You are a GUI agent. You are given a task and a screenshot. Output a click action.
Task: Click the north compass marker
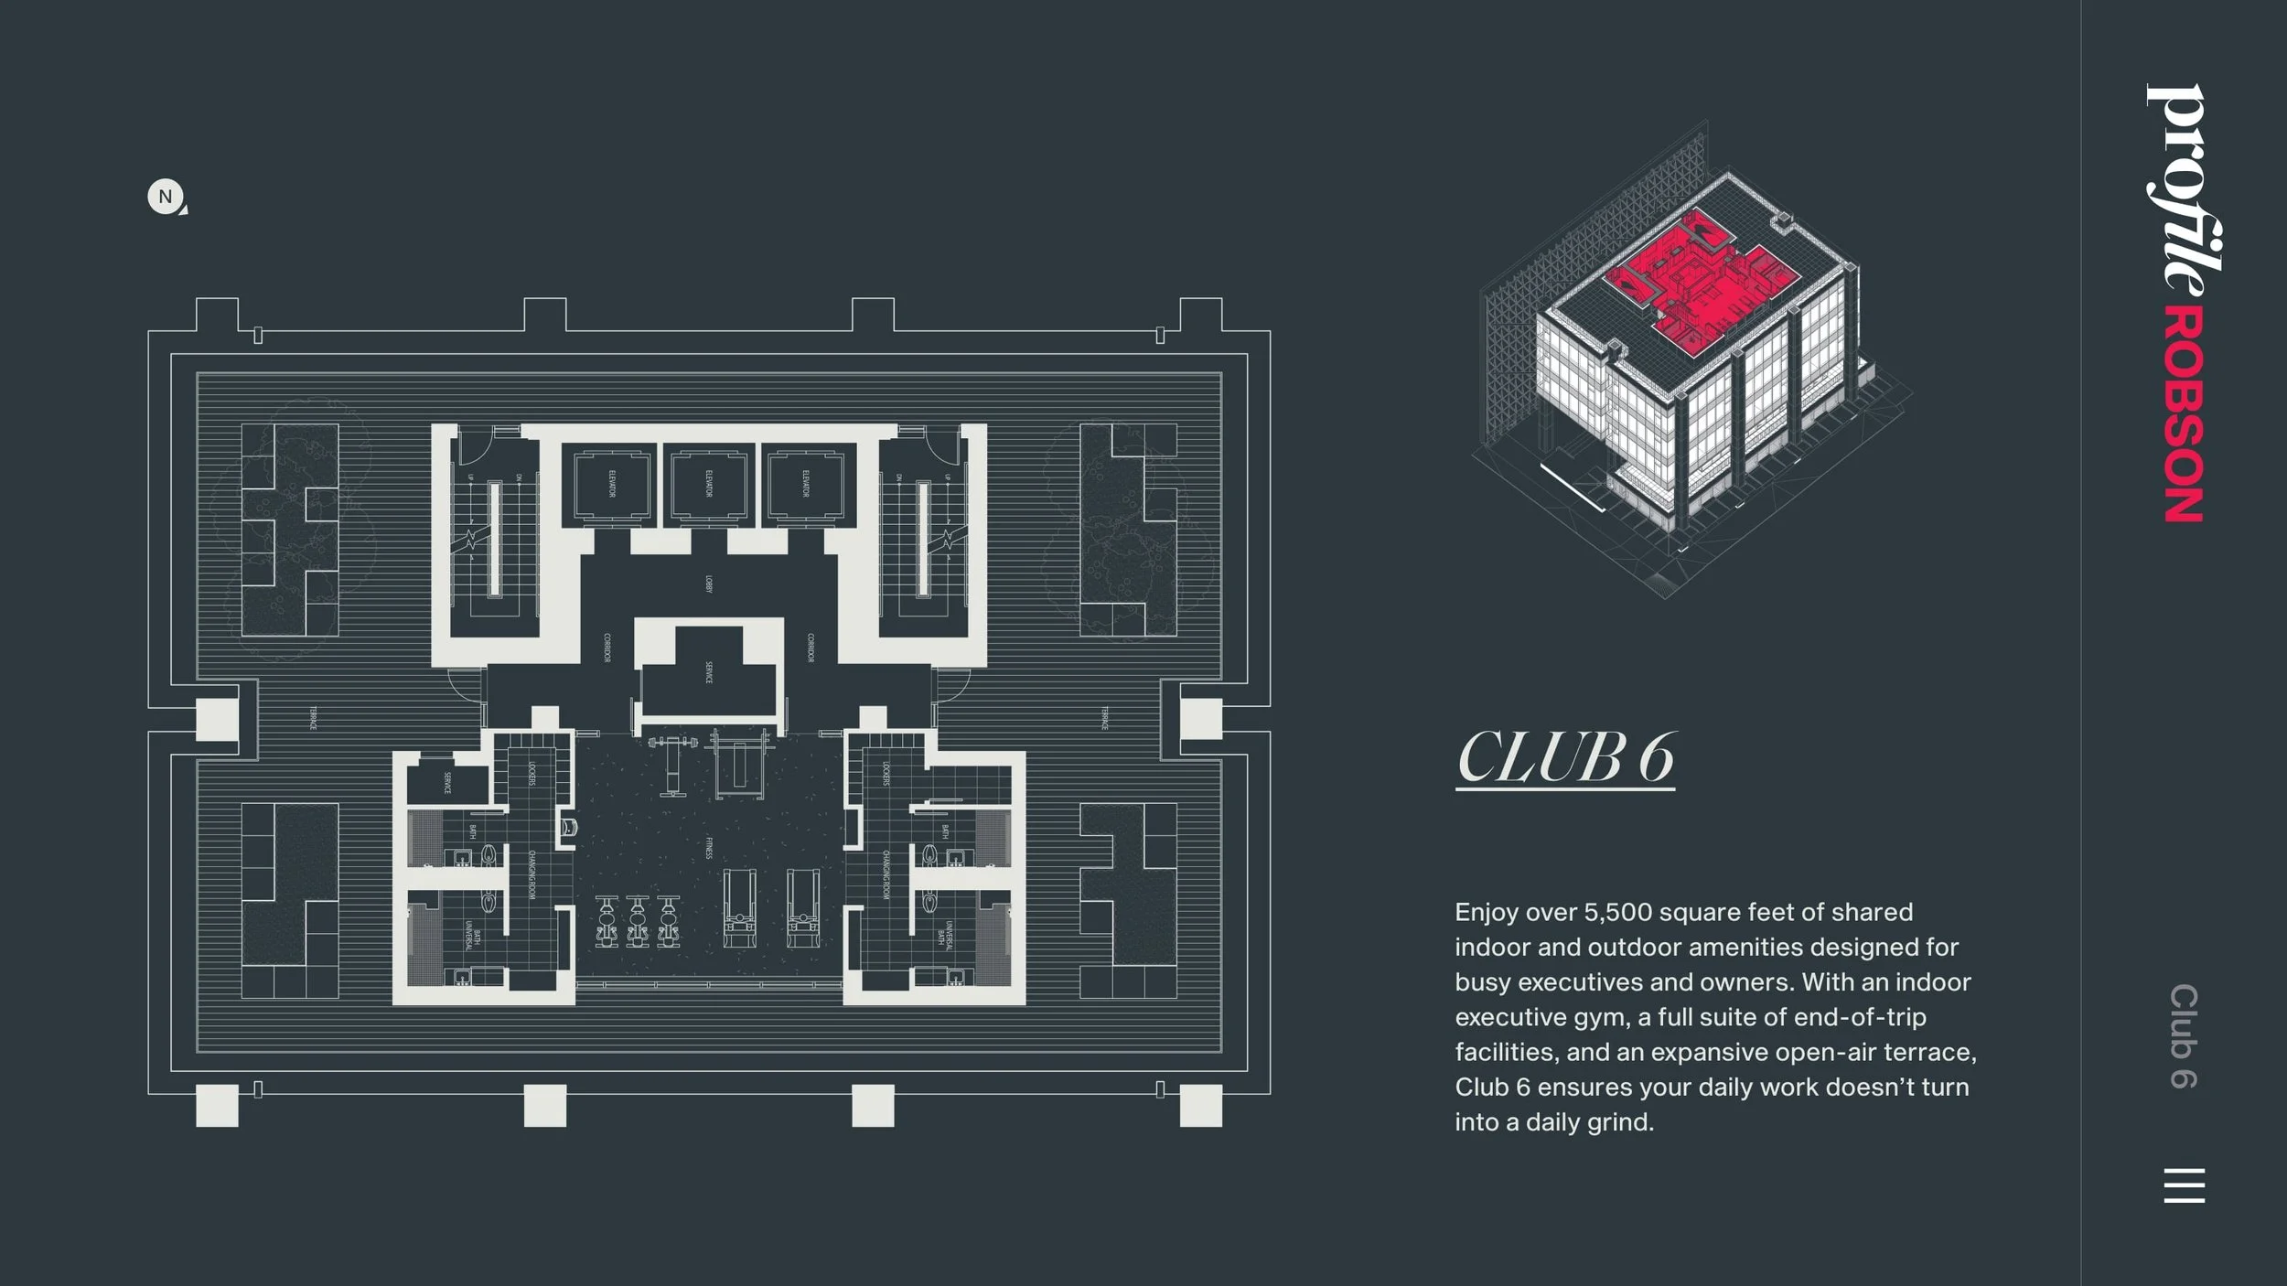tap(166, 197)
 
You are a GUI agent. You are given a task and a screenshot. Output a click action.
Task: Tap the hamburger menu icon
tap(2184, 1185)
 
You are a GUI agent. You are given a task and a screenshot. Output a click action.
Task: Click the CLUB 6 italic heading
tap(1565, 757)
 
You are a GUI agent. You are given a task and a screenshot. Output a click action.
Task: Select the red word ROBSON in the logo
tap(2184, 415)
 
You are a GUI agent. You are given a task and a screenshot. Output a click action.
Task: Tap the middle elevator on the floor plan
tap(709, 484)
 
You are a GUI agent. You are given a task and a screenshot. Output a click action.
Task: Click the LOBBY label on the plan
tap(709, 584)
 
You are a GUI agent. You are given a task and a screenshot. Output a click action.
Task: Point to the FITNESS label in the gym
tap(709, 848)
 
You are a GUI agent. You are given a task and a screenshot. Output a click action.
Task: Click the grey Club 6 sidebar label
tap(2184, 1036)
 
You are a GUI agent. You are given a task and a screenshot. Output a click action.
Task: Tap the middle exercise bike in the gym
tap(638, 920)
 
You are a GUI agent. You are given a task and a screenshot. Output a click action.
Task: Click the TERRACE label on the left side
tap(313, 718)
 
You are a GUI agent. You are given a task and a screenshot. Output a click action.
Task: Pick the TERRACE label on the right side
tap(1104, 718)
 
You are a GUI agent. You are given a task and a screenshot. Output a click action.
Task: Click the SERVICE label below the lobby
tap(709, 673)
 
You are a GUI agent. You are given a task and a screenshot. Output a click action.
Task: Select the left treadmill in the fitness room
tap(739, 907)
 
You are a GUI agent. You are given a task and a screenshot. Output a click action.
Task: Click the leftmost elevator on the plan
tap(611, 484)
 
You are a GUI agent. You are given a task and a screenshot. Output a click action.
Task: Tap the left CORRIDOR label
tap(607, 648)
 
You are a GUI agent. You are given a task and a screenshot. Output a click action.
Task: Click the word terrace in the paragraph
tap(1927, 1052)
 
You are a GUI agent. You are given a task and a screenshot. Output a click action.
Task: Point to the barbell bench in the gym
tap(673, 764)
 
